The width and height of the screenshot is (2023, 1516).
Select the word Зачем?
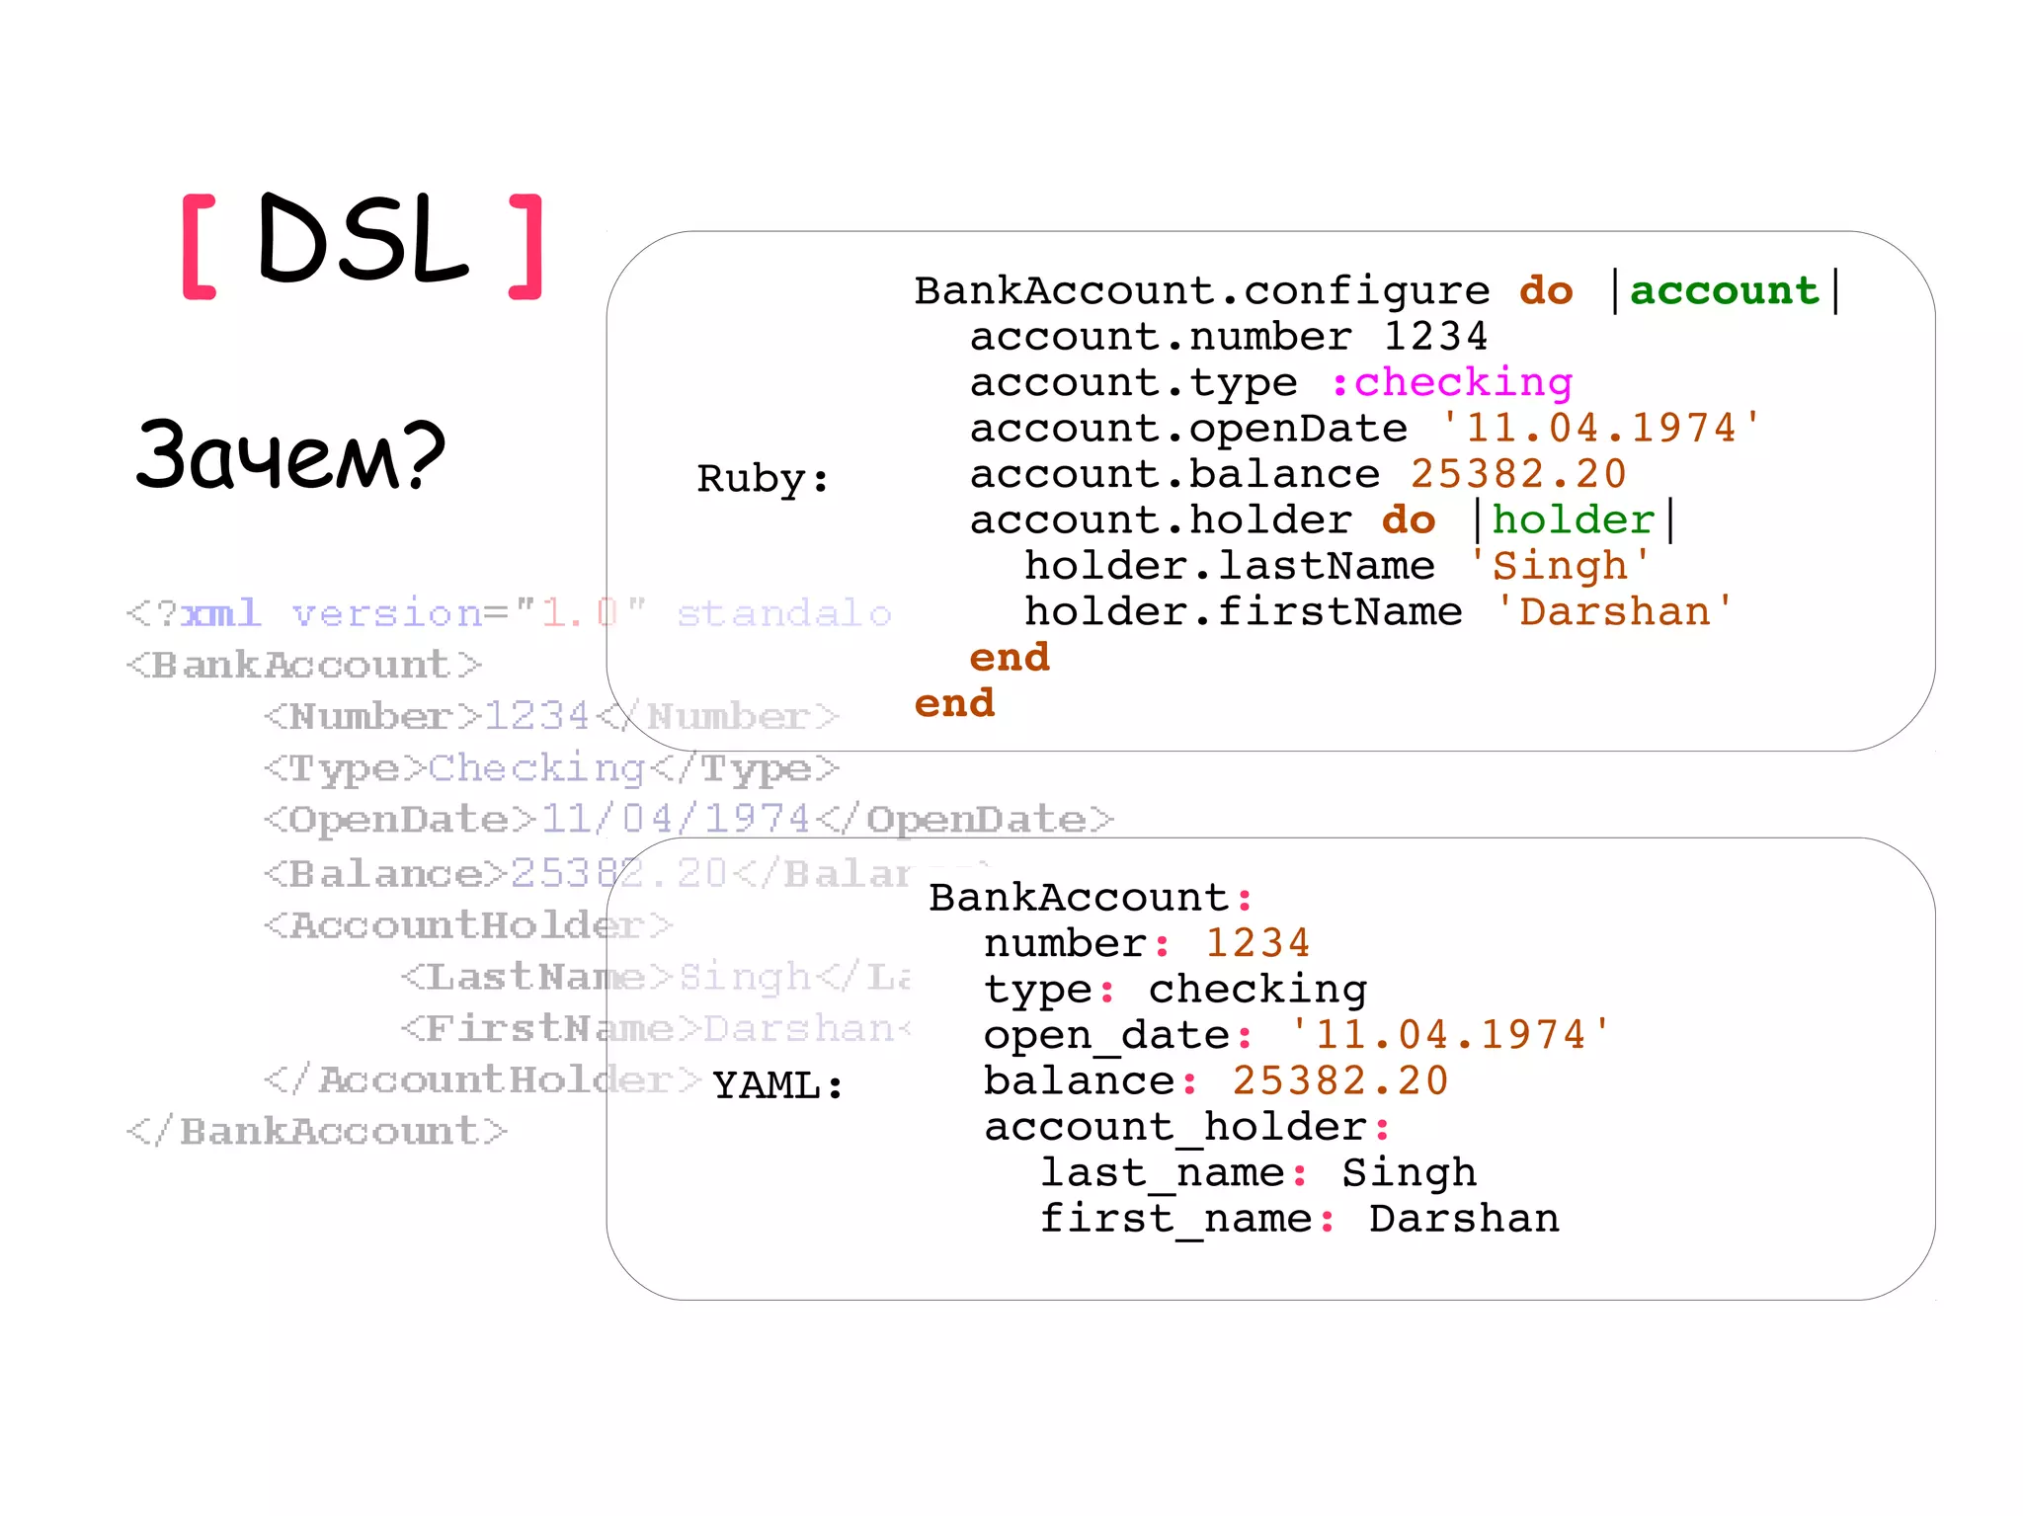point(290,455)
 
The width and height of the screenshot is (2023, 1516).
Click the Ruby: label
point(763,479)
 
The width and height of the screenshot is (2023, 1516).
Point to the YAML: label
point(777,1085)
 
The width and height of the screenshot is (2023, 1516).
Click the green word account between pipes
point(1724,290)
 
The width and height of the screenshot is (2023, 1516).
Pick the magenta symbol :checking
point(1451,382)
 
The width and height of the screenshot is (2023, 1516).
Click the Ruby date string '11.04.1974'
point(1600,429)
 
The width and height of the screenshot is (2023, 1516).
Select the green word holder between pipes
point(1573,520)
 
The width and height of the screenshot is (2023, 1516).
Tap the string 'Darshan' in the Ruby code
point(1614,612)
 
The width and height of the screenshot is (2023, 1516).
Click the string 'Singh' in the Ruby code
point(1559,566)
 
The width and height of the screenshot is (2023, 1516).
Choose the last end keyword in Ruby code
point(954,703)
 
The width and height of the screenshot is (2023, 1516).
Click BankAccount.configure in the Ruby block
point(1201,290)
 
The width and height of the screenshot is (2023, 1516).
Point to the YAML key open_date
point(1106,1035)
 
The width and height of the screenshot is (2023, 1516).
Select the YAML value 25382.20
point(1339,1080)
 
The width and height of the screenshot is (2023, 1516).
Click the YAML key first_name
point(1175,1219)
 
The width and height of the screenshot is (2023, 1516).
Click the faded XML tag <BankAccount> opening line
point(304,665)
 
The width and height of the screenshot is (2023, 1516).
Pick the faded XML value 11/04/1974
point(676,819)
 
